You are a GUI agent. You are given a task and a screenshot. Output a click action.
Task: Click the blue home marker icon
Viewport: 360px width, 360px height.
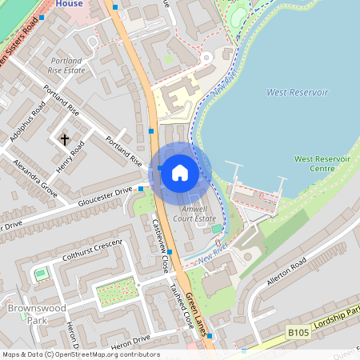click(180, 173)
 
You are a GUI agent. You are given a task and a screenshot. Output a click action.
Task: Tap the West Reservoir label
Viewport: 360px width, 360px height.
click(298, 92)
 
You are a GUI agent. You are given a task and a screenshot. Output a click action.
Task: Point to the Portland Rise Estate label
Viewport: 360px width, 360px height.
click(66, 66)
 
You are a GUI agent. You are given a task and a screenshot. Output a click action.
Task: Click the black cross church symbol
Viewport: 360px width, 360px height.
click(64, 139)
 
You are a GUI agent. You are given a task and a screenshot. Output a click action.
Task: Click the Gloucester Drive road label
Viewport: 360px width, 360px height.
click(105, 198)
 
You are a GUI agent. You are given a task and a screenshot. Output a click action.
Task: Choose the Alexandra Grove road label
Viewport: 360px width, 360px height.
click(35, 178)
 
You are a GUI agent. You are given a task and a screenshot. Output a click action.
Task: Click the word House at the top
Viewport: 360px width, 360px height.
click(71, 4)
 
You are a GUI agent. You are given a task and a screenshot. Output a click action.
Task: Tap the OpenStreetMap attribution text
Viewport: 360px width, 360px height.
click(80, 354)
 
